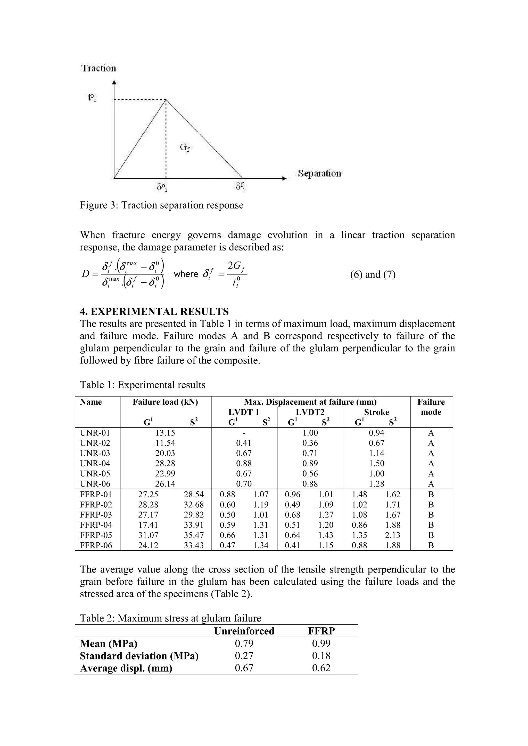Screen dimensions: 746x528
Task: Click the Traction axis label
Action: click(x=98, y=68)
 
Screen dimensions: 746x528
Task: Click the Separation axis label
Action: click(x=319, y=173)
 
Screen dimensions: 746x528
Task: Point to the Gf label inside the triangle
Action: click(x=184, y=148)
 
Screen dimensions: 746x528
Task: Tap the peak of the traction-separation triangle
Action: click(x=166, y=100)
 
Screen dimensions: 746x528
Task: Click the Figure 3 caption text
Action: click(x=162, y=205)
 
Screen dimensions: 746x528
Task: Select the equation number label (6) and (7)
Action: click(x=373, y=275)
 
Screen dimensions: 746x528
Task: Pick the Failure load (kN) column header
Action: click(x=165, y=402)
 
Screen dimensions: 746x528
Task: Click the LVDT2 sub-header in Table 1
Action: click(x=310, y=412)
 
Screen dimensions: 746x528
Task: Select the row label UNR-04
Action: click(x=95, y=463)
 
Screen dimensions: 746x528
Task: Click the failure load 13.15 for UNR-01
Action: click(x=165, y=433)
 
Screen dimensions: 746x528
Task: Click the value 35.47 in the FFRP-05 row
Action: click(x=194, y=535)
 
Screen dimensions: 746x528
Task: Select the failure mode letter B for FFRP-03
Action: click(x=431, y=515)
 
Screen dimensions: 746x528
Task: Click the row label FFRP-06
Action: click(x=96, y=545)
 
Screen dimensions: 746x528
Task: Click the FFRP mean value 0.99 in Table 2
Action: click(x=321, y=644)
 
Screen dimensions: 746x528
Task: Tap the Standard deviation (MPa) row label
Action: click(x=139, y=656)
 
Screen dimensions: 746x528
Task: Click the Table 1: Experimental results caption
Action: click(x=143, y=385)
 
